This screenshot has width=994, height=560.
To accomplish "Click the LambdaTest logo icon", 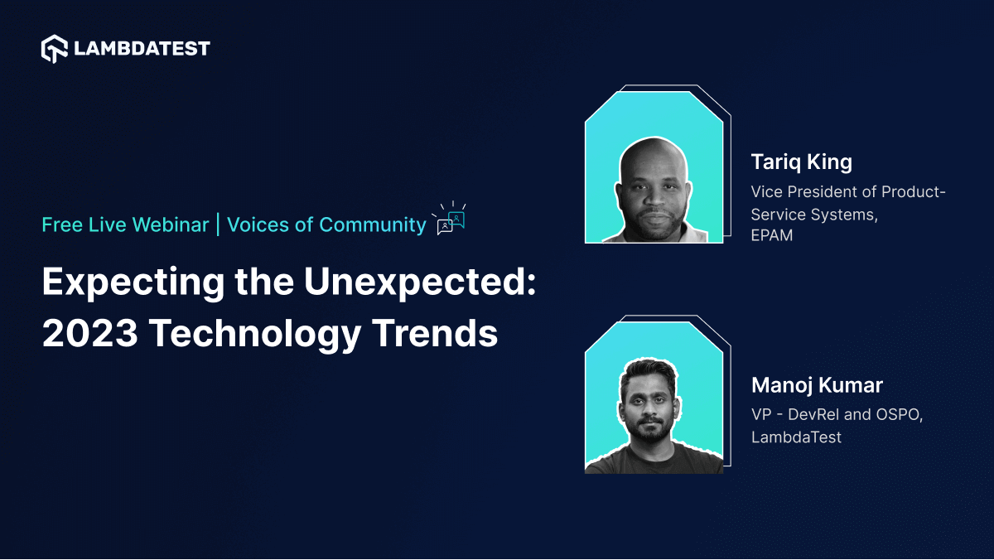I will [55, 49].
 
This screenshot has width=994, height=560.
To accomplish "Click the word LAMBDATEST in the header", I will [142, 49].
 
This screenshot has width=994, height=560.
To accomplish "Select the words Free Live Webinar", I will [125, 224].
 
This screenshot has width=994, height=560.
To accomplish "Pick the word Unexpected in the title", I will [420, 284].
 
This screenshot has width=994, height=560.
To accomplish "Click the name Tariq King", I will [801, 162].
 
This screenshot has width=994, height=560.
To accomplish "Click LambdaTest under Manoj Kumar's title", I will [796, 437].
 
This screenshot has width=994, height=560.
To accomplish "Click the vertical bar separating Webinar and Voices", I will [218, 224].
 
